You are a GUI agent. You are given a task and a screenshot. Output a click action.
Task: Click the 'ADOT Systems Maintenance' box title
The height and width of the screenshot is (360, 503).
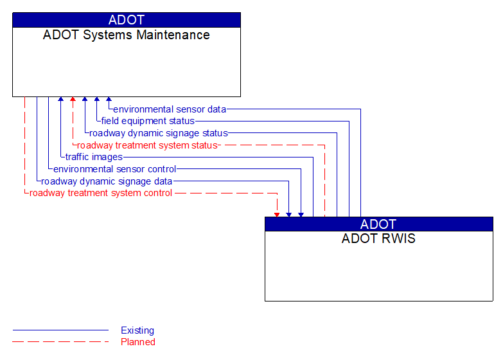coord(126,35)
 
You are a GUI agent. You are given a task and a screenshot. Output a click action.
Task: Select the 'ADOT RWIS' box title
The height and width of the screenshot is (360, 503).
coord(378,239)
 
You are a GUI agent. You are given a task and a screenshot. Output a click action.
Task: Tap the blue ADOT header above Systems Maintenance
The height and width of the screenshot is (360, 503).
coord(126,20)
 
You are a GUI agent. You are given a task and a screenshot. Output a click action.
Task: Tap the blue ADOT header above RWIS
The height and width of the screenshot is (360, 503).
coord(378,224)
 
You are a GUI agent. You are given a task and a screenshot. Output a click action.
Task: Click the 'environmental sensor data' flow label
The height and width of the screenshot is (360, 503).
coord(170,109)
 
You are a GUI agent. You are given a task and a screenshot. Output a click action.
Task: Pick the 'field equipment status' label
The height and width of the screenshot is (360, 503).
coord(148,121)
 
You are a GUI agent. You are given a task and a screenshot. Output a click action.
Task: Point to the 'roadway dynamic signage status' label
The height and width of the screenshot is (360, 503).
coord(159,133)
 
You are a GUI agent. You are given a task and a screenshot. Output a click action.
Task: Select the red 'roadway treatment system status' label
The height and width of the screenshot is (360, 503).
coord(147,145)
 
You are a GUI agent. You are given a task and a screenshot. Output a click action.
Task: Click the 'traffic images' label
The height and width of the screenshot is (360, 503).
coord(94,157)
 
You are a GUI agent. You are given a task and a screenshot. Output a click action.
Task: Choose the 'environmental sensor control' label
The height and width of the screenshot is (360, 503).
coord(114,169)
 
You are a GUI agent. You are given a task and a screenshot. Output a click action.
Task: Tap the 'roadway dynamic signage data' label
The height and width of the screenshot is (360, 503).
coord(107,181)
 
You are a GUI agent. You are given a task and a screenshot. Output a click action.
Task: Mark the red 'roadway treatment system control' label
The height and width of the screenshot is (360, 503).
coord(101,193)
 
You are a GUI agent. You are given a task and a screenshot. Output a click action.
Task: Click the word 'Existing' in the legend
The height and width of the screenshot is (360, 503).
coord(137,330)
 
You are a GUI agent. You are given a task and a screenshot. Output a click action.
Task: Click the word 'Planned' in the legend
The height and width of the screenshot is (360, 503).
coord(138,342)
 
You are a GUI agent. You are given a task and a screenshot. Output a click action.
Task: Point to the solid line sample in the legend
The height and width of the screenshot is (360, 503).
coord(60,330)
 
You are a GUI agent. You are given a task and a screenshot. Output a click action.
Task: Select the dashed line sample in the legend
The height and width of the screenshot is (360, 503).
coord(60,342)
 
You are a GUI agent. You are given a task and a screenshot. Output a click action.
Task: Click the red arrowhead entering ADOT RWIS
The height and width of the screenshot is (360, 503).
coord(277,214)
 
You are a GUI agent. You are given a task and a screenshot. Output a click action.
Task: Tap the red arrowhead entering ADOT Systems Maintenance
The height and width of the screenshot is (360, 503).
coord(73,100)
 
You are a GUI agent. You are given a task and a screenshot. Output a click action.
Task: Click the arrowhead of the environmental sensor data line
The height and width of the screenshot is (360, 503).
coord(109,100)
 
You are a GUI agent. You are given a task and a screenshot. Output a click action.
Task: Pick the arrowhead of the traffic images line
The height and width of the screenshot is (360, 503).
coord(60,100)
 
